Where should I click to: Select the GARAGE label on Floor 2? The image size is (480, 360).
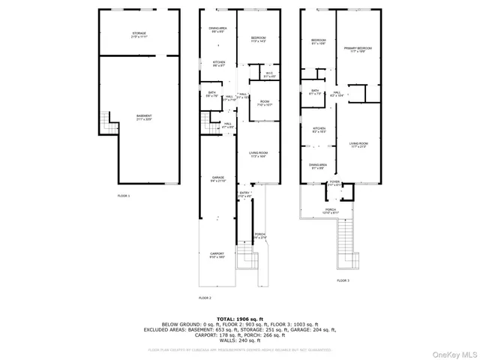pyautogui.click(x=217, y=178)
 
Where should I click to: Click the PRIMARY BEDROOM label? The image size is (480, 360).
pyautogui.click(x=358, y=49)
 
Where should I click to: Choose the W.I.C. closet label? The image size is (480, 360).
pyautogui.click(x=268, y=74)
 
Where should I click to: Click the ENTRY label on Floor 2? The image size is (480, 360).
pyautogui.click(x=244, y=194)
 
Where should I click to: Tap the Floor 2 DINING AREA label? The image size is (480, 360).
pyautogui.click(x=217, y=29)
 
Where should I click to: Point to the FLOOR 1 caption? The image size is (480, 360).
pyautogui.click(x=124, y=196)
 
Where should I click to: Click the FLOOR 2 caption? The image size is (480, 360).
pyautogui.click(x=205, y=298)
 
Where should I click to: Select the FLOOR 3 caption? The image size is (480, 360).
pyautogui.click(x=343, y=280)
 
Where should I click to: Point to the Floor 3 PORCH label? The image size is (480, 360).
pyautogui.click(x=330, y=210)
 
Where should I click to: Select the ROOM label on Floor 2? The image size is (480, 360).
pyautogui.click(x=265, y=102)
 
